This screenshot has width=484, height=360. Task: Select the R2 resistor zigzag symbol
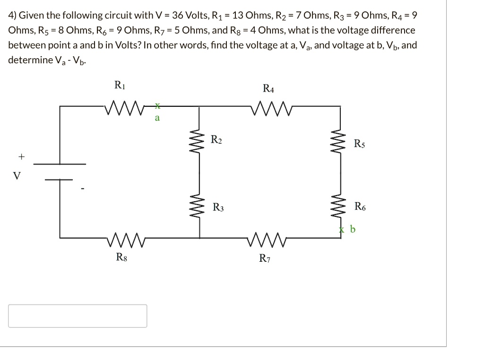[199, 140]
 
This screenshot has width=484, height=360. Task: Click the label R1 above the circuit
[120, 85]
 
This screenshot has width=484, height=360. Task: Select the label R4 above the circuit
[268, 88]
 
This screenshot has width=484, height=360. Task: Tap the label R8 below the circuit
[121, 257]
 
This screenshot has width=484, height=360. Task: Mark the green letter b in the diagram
[352, 230]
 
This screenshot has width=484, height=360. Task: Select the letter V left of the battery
[17, 176]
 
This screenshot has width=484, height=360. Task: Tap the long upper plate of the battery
[60, 164]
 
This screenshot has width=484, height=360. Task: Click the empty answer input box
[78, 316]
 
